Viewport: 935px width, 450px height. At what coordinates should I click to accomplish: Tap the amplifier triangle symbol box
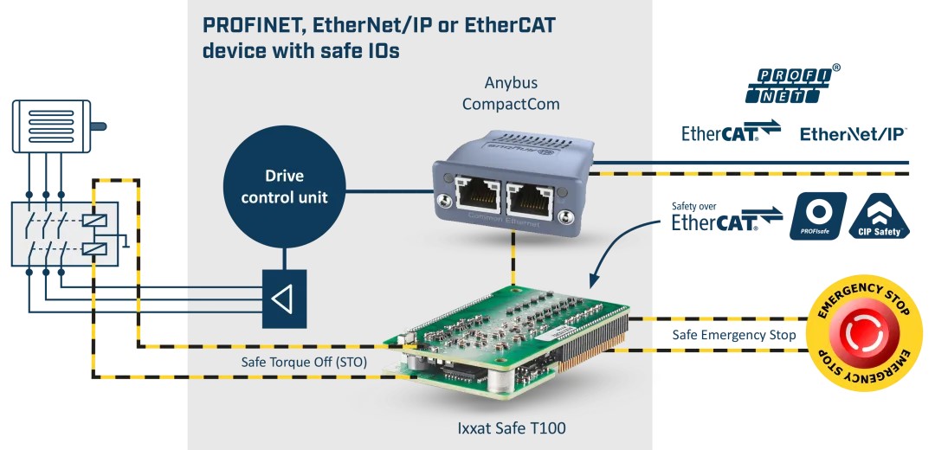tap(283, 299)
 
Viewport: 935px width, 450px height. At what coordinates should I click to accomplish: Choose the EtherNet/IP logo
tap(853, 134)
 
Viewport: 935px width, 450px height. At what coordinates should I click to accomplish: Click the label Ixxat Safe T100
tap(511, 427)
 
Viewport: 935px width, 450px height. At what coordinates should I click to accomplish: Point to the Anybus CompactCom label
tap(511, 93)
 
